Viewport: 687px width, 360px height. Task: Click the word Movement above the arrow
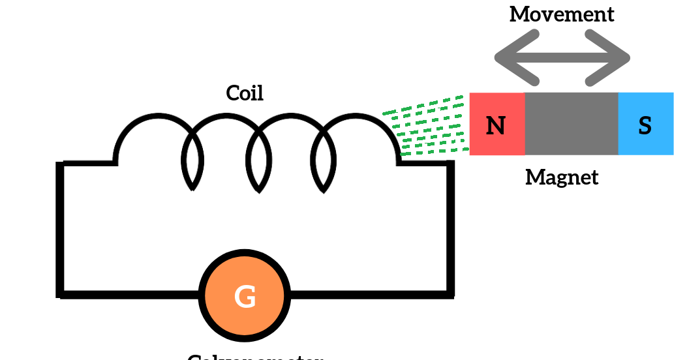tap(562, 14)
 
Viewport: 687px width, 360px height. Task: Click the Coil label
tap(245, 93)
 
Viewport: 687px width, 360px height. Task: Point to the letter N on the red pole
tap(496, 125)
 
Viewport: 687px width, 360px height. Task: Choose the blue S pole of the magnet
tap(645, 125)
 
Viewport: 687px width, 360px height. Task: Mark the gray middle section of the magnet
tap(571, 124)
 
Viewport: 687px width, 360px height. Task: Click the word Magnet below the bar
tap(562, 177)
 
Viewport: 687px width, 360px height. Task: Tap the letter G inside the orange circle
tap(245, 297)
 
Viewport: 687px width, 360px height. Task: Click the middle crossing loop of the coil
tap(258, 163)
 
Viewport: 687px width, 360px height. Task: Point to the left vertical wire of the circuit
tap(61, 228)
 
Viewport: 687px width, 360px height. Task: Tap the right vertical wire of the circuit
tap(450, 228)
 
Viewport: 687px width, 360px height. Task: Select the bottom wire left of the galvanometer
tap(130, 294)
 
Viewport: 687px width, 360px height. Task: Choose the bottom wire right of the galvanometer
tap(369, 294)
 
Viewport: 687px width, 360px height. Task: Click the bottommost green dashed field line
tap(434, 152)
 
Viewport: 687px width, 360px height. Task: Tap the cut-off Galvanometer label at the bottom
tap(255, 356)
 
